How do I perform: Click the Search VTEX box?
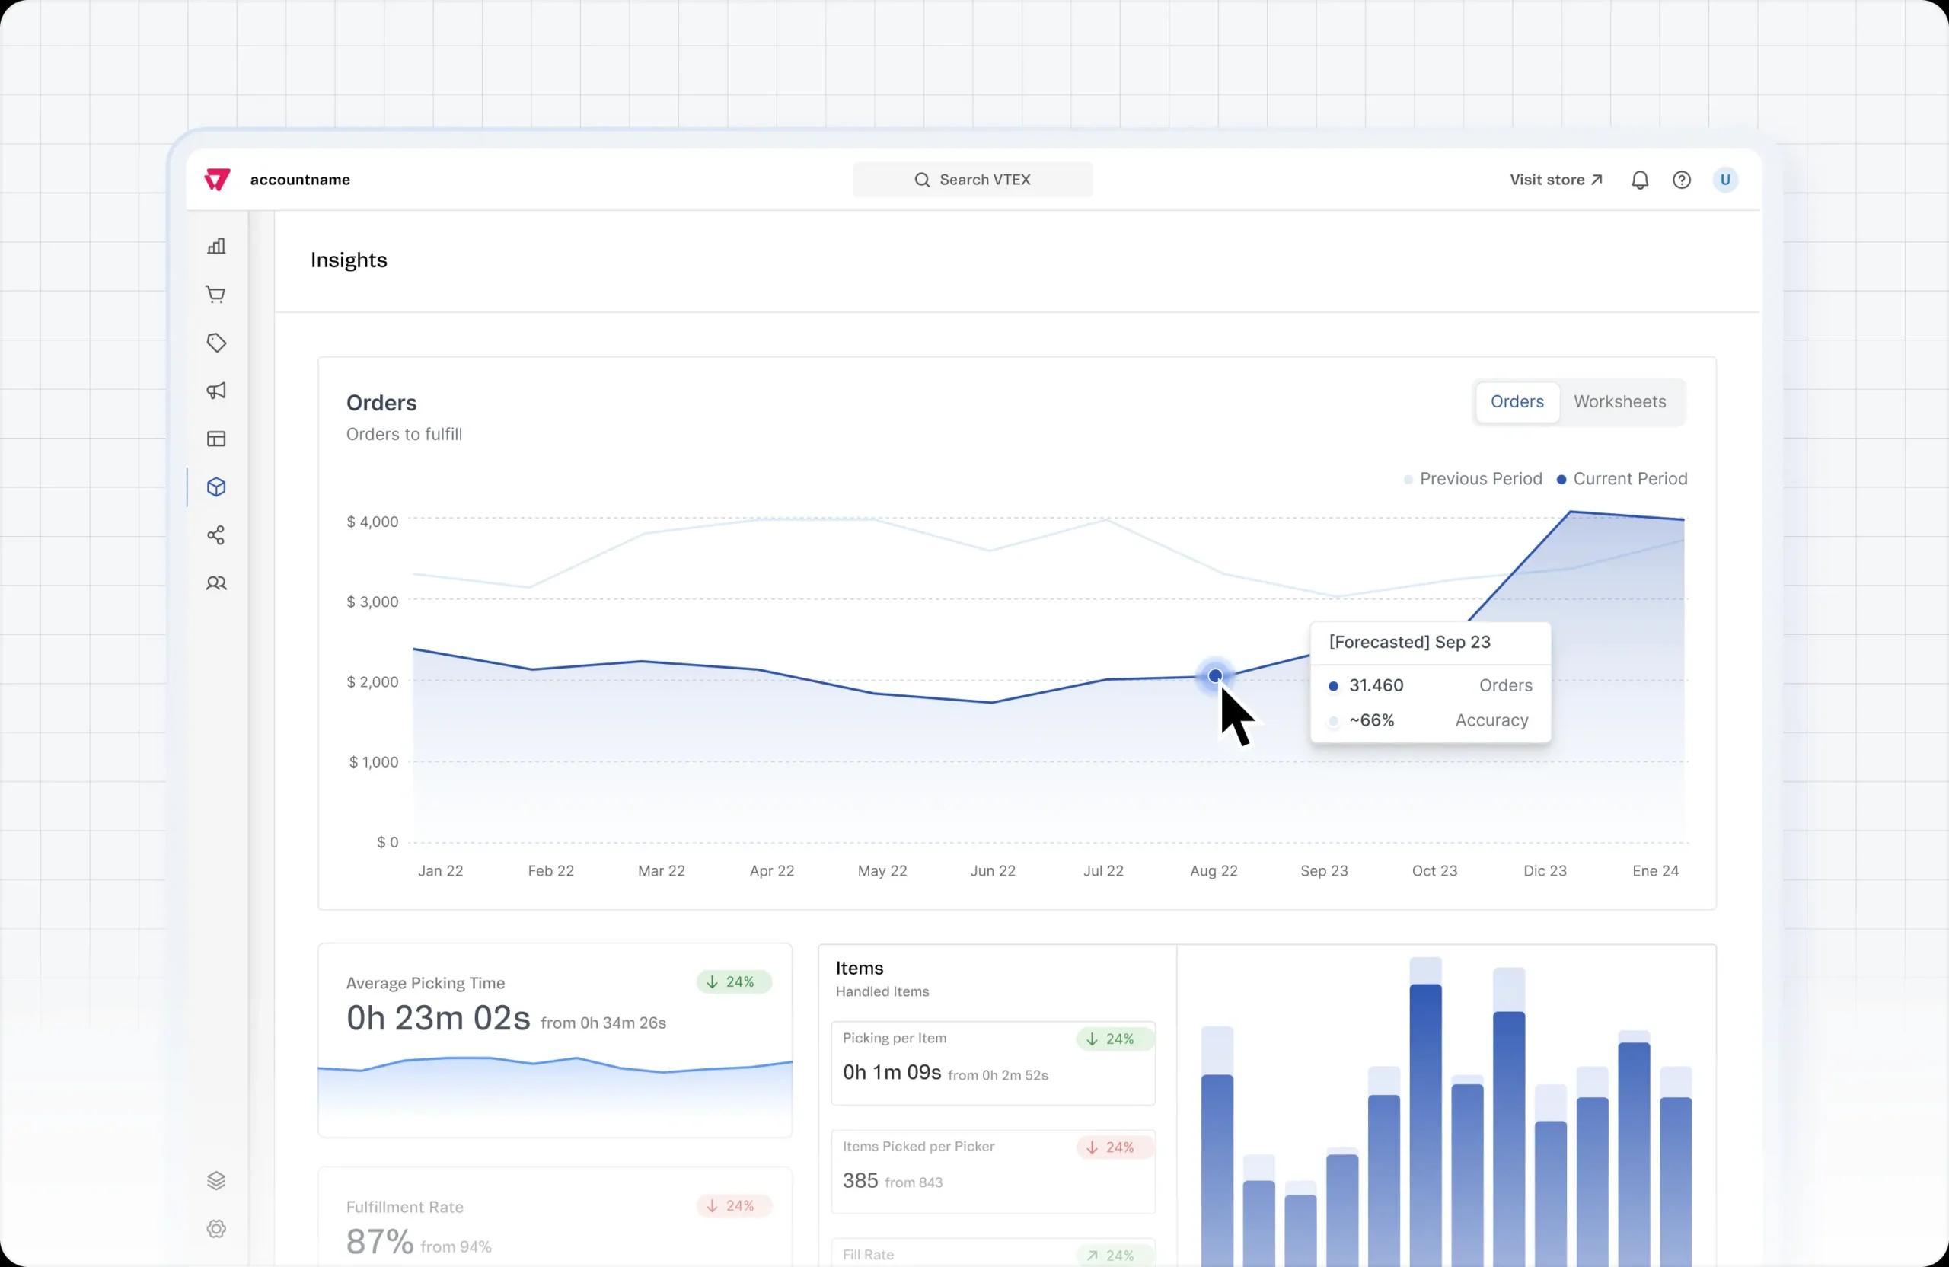tap(972, 180)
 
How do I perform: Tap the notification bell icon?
tap(1639, 180)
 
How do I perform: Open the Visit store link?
tap(1555, 180)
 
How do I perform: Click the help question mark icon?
tap(1681, 180)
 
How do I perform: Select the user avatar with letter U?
tap(1724, 180)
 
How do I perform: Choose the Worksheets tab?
tap(1619, 401)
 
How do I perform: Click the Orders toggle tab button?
tap(1517, 401)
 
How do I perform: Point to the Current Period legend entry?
tap(1622, 478)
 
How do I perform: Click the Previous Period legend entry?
tap(1472, 478)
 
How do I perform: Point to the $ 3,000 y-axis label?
tap(372, 602)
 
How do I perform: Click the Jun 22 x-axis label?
tap(993, 870)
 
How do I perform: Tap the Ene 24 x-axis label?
tap(1655, 870)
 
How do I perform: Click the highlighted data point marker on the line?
tap(1215, 675)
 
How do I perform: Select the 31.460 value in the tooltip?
tap(1376, 685)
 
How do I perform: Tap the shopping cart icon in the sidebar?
tap(216, 295)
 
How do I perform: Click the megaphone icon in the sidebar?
tap(216, 391)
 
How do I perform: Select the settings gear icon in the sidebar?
tap(216, 1228)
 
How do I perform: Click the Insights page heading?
tap(349, 260)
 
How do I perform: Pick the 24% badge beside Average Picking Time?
tap(733, 982)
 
